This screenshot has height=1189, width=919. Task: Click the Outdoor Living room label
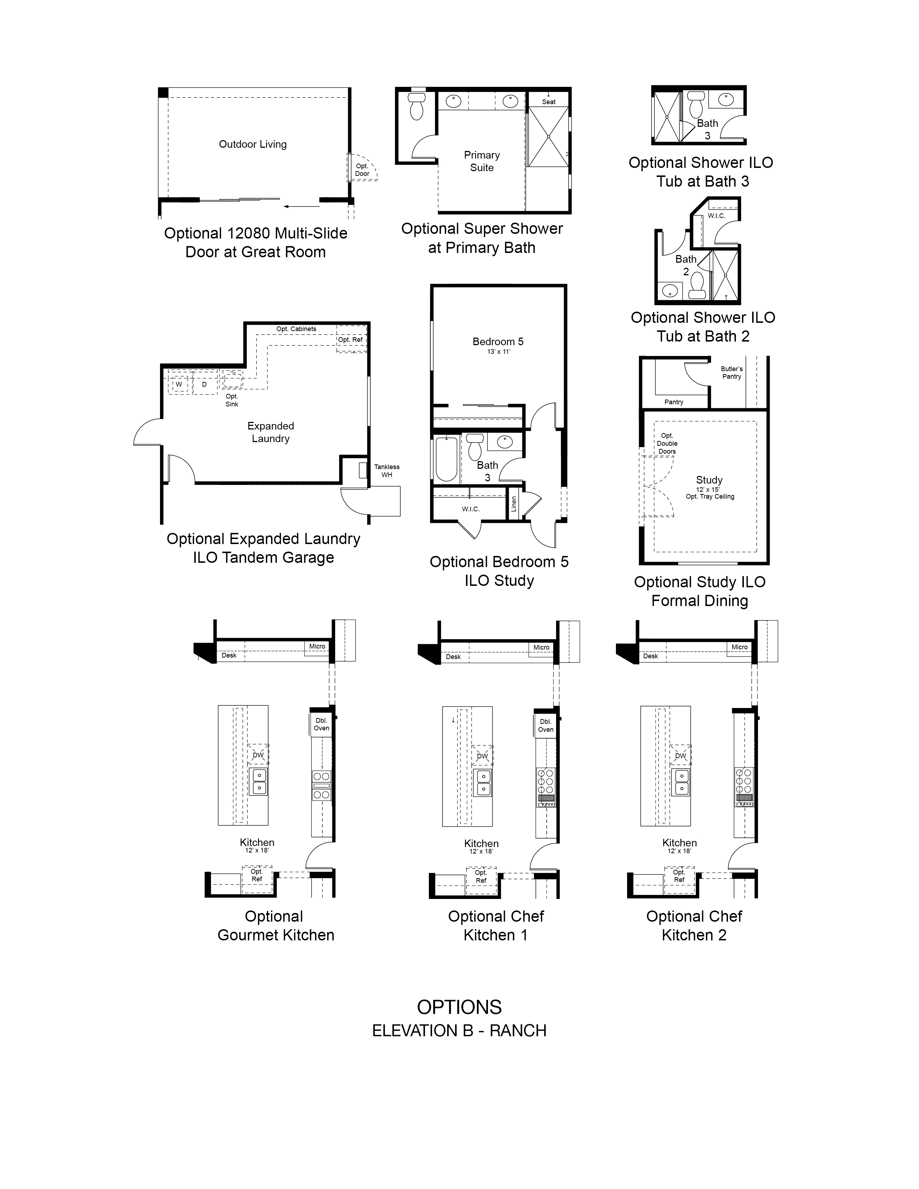pyautogui.click(x=253, y=144)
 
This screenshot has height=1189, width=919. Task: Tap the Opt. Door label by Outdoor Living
pyautogui.click(x=362, y=170)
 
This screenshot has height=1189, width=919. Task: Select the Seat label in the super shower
pyautogui.click(x=549, y=102)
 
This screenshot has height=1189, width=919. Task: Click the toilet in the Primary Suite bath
pyautogui.click(x=417, y=106)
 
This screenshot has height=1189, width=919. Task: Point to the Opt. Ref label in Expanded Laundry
pyautogui.click(x=350, y=340)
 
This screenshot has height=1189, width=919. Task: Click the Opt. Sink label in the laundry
pyautogui.click(x=232, y=400)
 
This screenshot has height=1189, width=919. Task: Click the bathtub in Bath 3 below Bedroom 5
pyautogui.click(x=447, y=459)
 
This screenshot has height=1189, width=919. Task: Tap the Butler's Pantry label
pyautogui.click(x=732, y=373)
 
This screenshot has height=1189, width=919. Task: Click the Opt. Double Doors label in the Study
pyautogui.click(x=667, y=444)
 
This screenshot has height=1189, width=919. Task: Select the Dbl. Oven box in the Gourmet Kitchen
pyautogui.click(x=321, y=724)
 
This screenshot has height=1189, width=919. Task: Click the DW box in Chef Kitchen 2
pyautogui.click(x=680, y=755)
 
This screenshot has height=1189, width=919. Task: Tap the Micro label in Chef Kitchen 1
pyautogui.click(x=541, y=647)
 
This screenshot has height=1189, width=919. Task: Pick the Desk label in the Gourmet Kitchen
pyautogui.click(x=229, y=655)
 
